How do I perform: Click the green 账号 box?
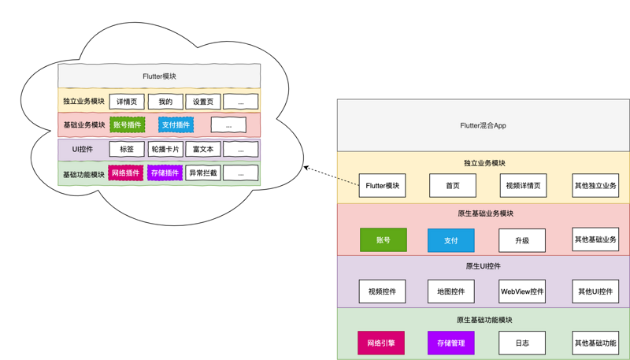[x=383, y=239]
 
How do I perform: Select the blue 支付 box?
[x=450, y=240]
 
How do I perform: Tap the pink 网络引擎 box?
[x=381, y=343]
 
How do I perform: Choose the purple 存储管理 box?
[x=450, y=343]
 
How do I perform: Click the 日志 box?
[x=521, y=343]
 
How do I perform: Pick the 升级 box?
[x=521, y=240]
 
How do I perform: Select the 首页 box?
[x=452, y=186]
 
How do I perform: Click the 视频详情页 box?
[x=523, y=186]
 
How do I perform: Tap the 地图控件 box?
[x=451, y=291]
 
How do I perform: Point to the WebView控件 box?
[x=521, y=291]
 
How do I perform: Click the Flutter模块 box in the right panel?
[x=382, y=186]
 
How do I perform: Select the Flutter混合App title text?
[x=483, y=125]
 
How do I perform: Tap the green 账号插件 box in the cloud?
[x=127, y=124]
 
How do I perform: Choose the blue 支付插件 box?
[x=175, y=124]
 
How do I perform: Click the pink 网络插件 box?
[x=125, y=173]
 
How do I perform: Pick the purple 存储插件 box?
[x=164, y=173]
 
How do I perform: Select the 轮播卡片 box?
[x=165, y=149]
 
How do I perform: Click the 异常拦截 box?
[x=202, y=173]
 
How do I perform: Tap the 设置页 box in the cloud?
[x=202, y=102]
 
